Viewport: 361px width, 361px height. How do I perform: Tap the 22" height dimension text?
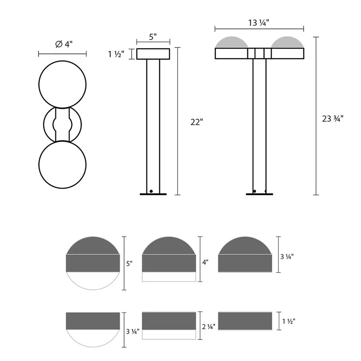(x=197, y=121)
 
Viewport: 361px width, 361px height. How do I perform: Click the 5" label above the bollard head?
(x=153, y=37)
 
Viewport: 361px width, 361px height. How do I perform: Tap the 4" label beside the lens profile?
(x=205, y=261)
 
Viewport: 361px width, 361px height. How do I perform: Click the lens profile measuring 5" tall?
(x=93, y=262)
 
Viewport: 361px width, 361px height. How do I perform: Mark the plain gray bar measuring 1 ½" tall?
(x=245, y=320)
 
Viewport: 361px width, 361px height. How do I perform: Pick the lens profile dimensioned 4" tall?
(x=169, y=259)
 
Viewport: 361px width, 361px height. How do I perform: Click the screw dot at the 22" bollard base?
(x=152, y=191)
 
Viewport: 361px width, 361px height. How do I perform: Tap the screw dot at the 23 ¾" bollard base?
(x=255, y=191)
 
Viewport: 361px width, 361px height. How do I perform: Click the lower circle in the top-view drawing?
(x=62, y=163)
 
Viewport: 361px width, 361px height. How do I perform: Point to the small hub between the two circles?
(x=62, y=124)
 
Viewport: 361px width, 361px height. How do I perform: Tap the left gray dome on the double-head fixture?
(x=232, y=42)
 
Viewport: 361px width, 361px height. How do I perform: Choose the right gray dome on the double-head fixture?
(x=287, y=42)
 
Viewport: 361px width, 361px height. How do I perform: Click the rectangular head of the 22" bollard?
(x=153, y=54)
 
